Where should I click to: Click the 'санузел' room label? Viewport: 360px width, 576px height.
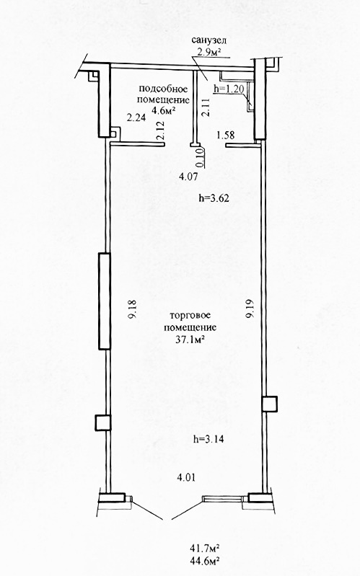tap(209, 40)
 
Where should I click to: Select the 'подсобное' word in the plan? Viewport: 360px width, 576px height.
tap(163, 89)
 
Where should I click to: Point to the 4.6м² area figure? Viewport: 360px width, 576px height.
tap(163, 110)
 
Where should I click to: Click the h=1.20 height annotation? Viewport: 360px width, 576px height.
tap(229, 89)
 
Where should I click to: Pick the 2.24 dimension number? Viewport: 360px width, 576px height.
tap(136, 118)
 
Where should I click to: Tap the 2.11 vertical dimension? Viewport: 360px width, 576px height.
tap(206, 107)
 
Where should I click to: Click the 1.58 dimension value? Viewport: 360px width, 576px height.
tap(225, 136)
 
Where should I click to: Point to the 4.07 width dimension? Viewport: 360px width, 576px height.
tap(188, 177)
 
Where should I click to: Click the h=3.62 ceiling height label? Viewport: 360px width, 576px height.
tap(214, 198)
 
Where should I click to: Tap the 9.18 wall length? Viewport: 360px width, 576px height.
tap(132, 309)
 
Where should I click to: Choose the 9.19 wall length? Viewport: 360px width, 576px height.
tap(251, 309)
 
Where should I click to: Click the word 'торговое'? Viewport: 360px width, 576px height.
tap(190, 316)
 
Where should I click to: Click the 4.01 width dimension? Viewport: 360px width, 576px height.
tap(186, 477)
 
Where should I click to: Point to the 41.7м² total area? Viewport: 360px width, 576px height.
tap(205, 549)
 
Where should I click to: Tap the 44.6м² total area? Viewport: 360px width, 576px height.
tap(205, 561)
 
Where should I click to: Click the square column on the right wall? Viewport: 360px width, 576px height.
tap(270, 404)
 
